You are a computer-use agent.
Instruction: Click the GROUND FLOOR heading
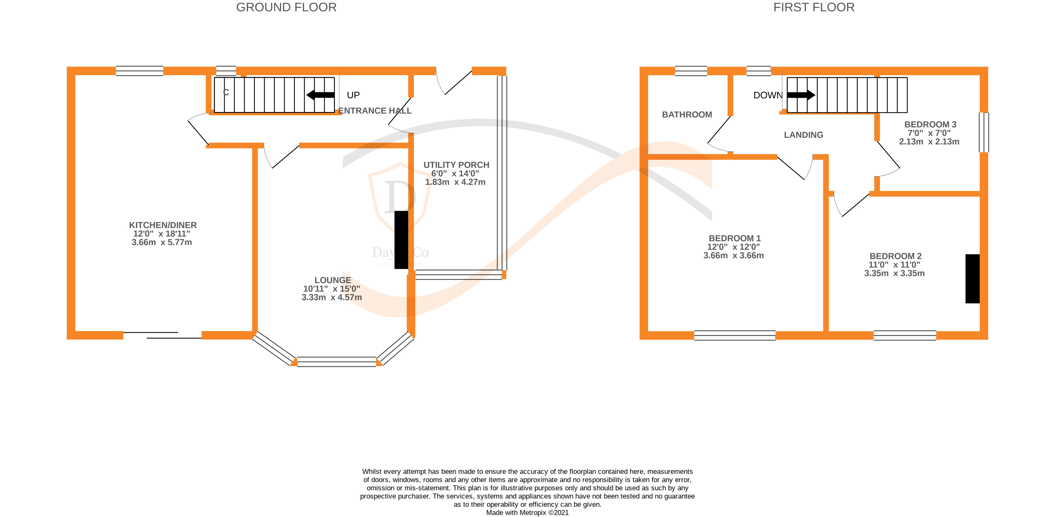tap(286, 8)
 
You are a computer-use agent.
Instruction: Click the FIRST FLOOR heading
tap(814, 8)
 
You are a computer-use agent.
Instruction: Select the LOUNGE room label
tap(332, 280)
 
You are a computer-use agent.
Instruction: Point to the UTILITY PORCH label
tap(456, 165)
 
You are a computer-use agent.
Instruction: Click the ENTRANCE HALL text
tap(375, 111)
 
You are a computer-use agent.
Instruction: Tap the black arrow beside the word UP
tap(321, 95)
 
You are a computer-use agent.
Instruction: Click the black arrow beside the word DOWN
tap(801, 95)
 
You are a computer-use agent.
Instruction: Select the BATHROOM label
tap(687, 114)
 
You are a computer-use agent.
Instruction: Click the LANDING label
tap(804, 135)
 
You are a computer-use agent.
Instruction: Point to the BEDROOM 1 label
tap(735, 238)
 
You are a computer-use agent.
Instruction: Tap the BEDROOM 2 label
tap(896, 256)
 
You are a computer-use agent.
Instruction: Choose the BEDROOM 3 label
tap(930, 124)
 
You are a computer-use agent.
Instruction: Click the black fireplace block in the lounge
tap(401, 240)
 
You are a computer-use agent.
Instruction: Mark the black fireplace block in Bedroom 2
tap(972, 278)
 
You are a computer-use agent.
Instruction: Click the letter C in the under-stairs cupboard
tap(226, 93)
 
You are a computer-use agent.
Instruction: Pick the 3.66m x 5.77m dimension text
tap(162, 242)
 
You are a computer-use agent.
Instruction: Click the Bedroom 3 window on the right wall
tap(984, 132)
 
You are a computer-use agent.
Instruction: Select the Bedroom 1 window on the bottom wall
tap(735, 335)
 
